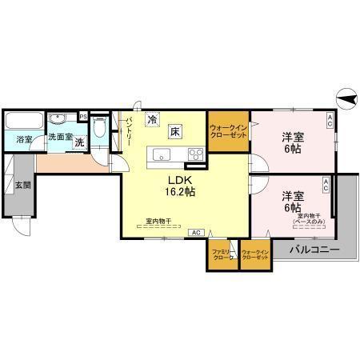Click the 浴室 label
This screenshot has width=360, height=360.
tap(24, 139)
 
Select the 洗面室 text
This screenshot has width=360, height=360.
tap(60, 137)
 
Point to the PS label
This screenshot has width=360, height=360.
tap(82, 115)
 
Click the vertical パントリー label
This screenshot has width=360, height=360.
tap(129, 131)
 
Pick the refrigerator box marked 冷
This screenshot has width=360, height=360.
tap(152, 118)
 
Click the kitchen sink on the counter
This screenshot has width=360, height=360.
tap(159, 154)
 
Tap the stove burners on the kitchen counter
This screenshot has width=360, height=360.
tap(194, 154)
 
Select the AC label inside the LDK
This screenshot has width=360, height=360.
tap(196, 232)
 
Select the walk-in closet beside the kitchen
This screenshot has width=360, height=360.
tap(228, 130)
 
